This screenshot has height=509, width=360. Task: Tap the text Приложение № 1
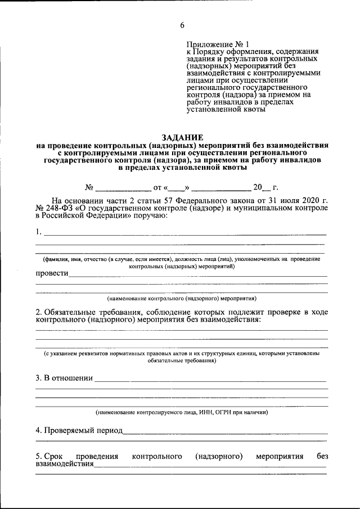pyautogui.click(x=220, y=44)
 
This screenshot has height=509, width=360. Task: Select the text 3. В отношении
pyautogui.click(x=64, y=378)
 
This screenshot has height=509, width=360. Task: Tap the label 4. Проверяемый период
pyautogui.click(x=79, y=430)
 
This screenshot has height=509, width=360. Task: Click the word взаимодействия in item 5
pyautogui.click(x=65, y=465)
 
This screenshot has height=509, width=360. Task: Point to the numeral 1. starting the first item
pyautogui.click(x=38, y=231)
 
